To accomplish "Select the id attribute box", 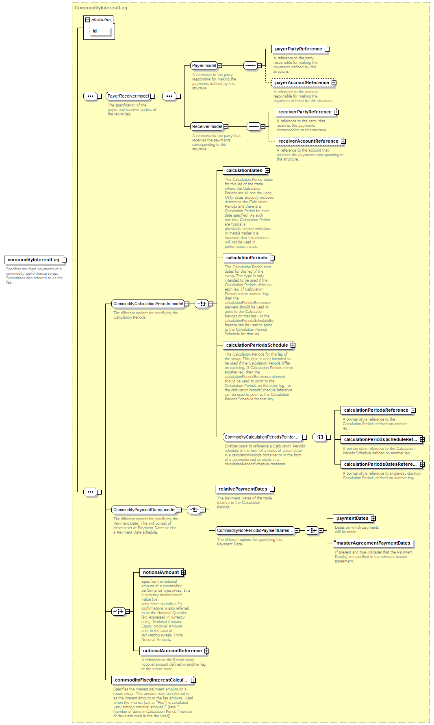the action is (100, 31).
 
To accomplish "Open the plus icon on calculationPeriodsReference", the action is (413, 410).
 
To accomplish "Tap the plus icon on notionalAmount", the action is (184, 573).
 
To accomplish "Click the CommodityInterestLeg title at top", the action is (101, 8).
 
